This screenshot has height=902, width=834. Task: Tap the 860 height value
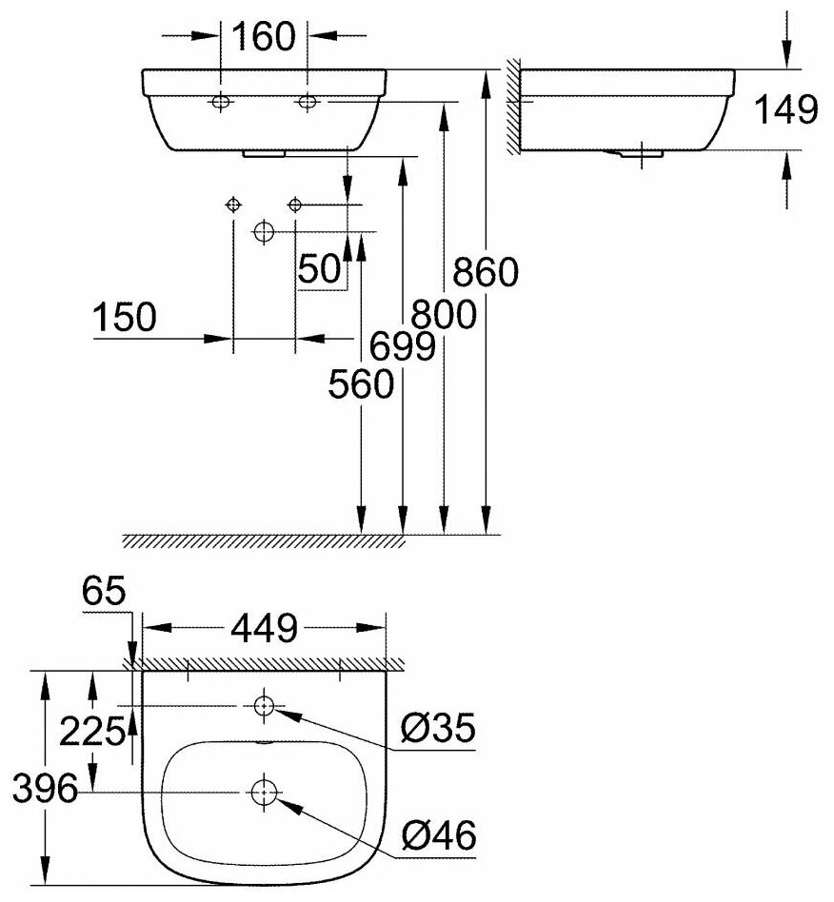486,274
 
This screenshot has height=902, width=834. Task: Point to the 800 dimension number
443,314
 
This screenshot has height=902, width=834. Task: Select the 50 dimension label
320,270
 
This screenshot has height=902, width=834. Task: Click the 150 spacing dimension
125,319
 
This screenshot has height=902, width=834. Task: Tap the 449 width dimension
263,628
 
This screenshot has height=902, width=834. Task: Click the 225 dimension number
91,732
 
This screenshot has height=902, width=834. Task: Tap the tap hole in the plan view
263,706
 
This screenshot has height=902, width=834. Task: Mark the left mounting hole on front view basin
221,102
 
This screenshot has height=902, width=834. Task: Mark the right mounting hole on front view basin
308,102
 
